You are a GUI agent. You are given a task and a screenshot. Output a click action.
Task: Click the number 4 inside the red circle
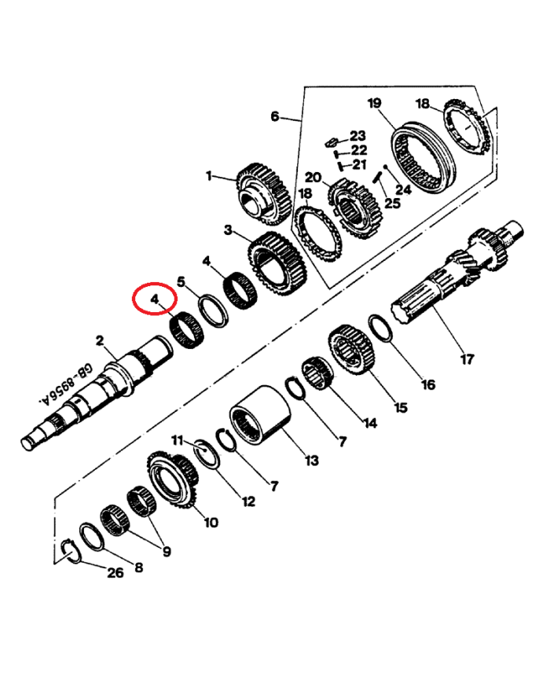(155, 299)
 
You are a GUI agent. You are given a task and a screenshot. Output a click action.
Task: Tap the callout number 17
(467, 360)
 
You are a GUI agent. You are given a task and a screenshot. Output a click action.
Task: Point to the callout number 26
(115, 573)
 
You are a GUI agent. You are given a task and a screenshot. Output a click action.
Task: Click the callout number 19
(374, 104)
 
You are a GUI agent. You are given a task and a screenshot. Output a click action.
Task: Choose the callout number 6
(275, 116)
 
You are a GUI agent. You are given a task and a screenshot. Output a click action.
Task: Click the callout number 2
(100, 340)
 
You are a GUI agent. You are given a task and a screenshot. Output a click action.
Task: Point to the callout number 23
(358, 135)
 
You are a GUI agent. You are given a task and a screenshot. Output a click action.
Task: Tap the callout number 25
(391, 204)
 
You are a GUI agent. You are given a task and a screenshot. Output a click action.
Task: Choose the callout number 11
(178, 439)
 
